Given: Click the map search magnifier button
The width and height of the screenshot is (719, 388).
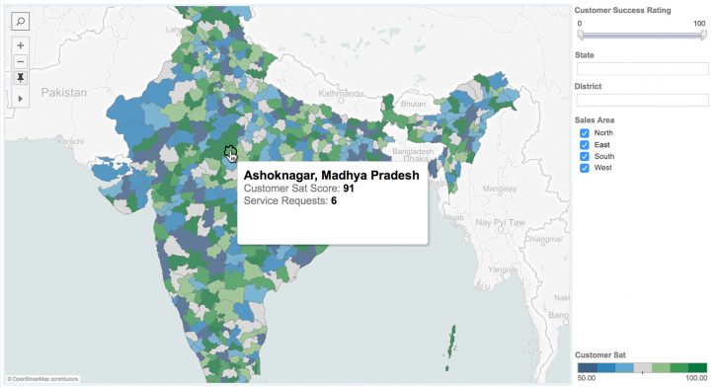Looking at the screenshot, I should click(21, 20).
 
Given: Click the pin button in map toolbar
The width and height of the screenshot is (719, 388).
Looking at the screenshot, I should click(21, 77).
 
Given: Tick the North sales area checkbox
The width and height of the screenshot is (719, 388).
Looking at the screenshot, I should click(584, 132).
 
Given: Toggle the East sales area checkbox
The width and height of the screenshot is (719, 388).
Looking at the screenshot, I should click(584, 144).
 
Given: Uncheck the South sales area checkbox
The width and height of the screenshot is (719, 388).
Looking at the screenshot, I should click(584, 156).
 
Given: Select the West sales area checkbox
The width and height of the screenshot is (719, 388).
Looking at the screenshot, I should click(584, 168).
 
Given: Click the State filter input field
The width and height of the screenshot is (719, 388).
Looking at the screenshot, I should click(642, 69).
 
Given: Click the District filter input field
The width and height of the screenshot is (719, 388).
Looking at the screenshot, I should click(642, 100).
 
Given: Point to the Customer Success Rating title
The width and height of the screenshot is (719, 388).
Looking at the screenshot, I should click(622, 10).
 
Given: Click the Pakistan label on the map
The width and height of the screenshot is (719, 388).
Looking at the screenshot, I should click(64, 92).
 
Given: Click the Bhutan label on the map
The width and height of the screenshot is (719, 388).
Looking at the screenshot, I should click(413, 104).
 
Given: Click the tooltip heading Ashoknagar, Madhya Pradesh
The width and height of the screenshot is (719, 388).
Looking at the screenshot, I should click(331, 175).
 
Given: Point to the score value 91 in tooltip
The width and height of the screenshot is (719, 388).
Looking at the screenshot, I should click(349, 188).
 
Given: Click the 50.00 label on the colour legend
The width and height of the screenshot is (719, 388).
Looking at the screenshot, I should click(587, 378).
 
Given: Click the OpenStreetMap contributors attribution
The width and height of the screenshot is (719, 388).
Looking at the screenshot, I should click(42, 378).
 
